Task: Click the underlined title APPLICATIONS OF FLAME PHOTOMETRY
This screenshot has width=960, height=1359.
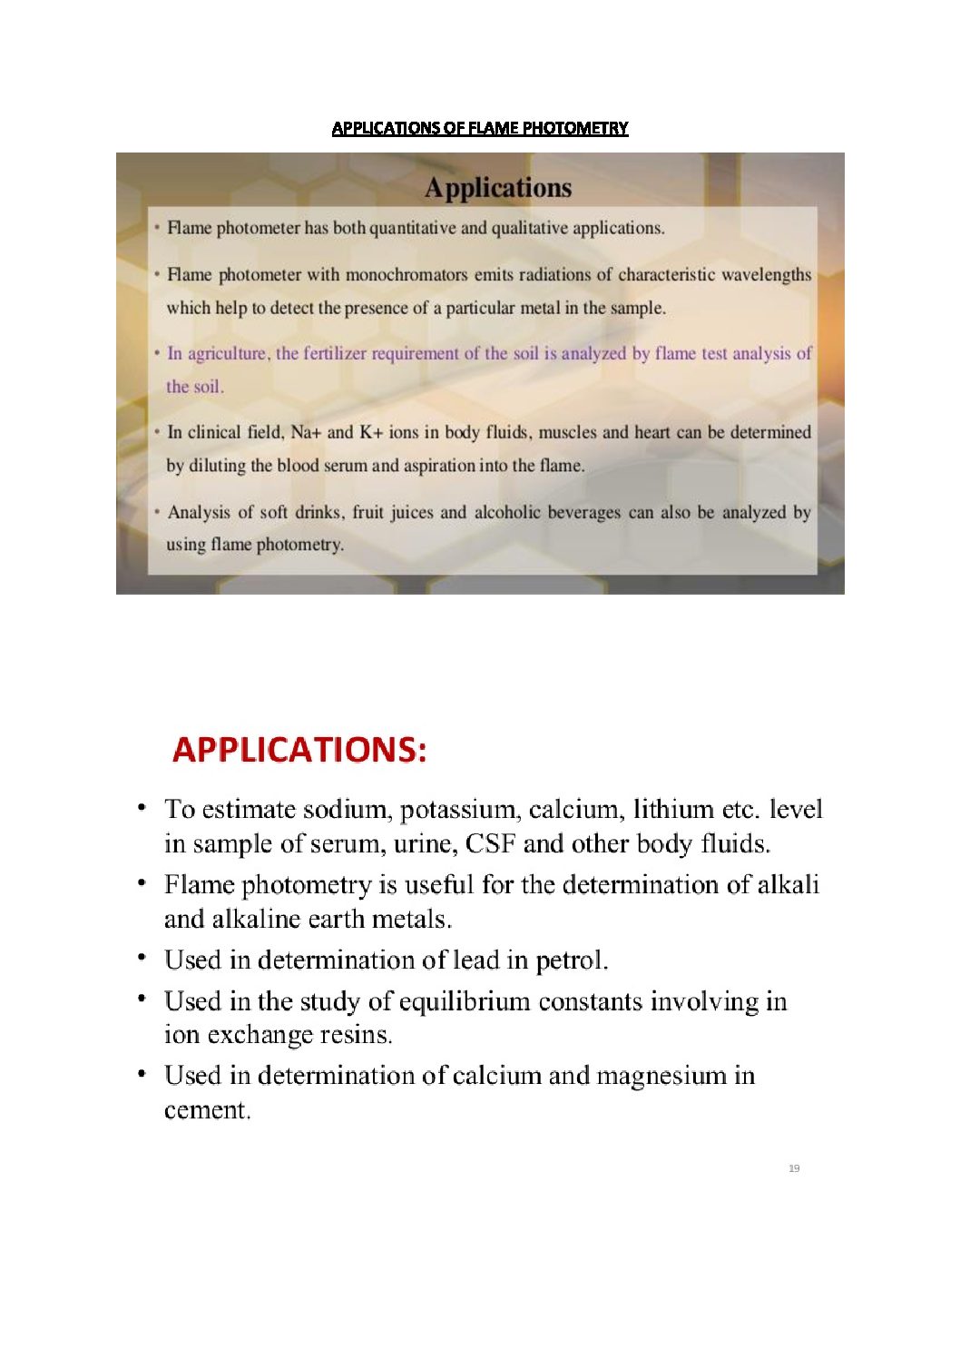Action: tap(479, 128)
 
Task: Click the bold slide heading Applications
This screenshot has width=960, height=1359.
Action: tap(498, 188)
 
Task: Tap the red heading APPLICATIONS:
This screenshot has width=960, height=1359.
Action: tap(299, 750)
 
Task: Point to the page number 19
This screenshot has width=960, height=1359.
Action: tap(794, 1168)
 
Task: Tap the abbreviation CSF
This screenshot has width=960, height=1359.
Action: tap(490, 844)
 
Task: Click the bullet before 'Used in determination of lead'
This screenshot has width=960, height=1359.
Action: tap(142, 957)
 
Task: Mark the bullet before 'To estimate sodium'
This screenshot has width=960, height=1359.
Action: tap(142, 806)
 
